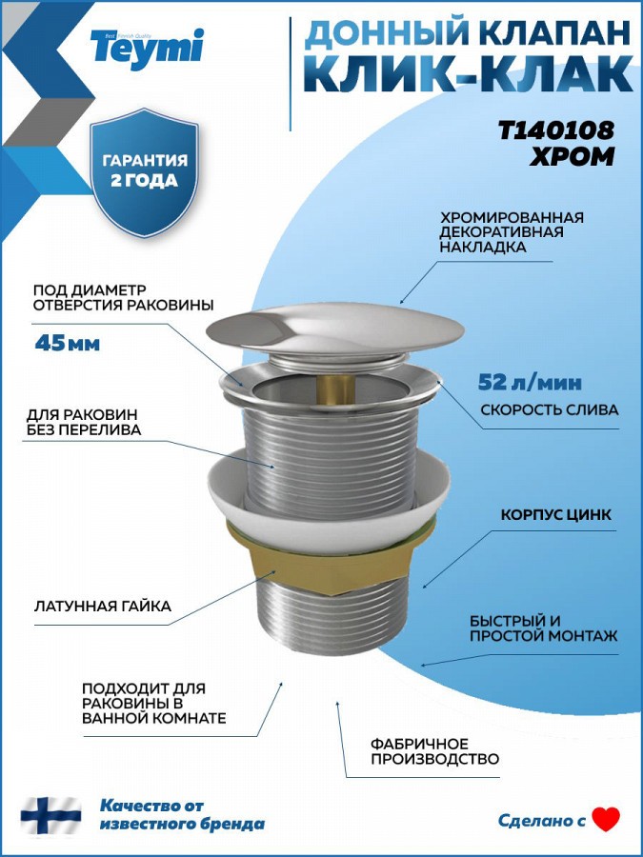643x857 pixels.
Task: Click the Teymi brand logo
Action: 147,49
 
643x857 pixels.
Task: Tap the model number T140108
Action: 556,130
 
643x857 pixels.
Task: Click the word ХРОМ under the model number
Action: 573,157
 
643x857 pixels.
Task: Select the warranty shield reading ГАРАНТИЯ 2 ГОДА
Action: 145,172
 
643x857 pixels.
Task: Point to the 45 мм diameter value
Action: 68,343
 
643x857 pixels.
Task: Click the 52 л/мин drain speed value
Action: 530,382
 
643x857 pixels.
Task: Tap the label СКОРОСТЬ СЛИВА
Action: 550,409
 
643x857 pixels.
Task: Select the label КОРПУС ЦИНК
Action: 556,515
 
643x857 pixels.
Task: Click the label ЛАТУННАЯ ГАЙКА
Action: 103,607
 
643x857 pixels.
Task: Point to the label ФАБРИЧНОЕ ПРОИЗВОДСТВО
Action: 434,751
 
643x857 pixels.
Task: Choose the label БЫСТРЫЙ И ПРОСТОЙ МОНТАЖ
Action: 544,628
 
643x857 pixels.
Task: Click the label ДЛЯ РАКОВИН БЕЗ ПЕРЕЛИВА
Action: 84,423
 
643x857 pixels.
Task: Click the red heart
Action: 607,819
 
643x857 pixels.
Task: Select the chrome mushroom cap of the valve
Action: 335,328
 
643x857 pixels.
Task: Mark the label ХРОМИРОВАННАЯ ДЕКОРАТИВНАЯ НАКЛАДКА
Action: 512,231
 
